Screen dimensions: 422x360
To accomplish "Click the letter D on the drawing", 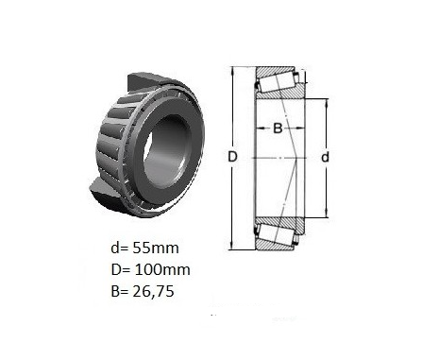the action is (x=232, y=157).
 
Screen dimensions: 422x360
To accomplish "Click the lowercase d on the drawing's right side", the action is (x=325, y=157).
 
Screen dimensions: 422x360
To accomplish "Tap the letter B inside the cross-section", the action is (x=278, y=129).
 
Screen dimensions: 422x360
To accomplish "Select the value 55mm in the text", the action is (x=156, y=248).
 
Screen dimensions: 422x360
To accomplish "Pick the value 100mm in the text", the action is (x=162, y=269).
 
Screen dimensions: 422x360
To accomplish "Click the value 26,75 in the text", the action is (x=154, y=292).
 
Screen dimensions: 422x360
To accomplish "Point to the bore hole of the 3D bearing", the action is (x=168, y=152).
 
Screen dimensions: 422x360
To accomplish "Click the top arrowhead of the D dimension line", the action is (x=232, y=71).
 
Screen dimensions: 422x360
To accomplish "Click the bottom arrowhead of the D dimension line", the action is (x=232, y=246).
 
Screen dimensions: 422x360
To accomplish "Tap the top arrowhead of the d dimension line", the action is (x=327, y=103).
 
